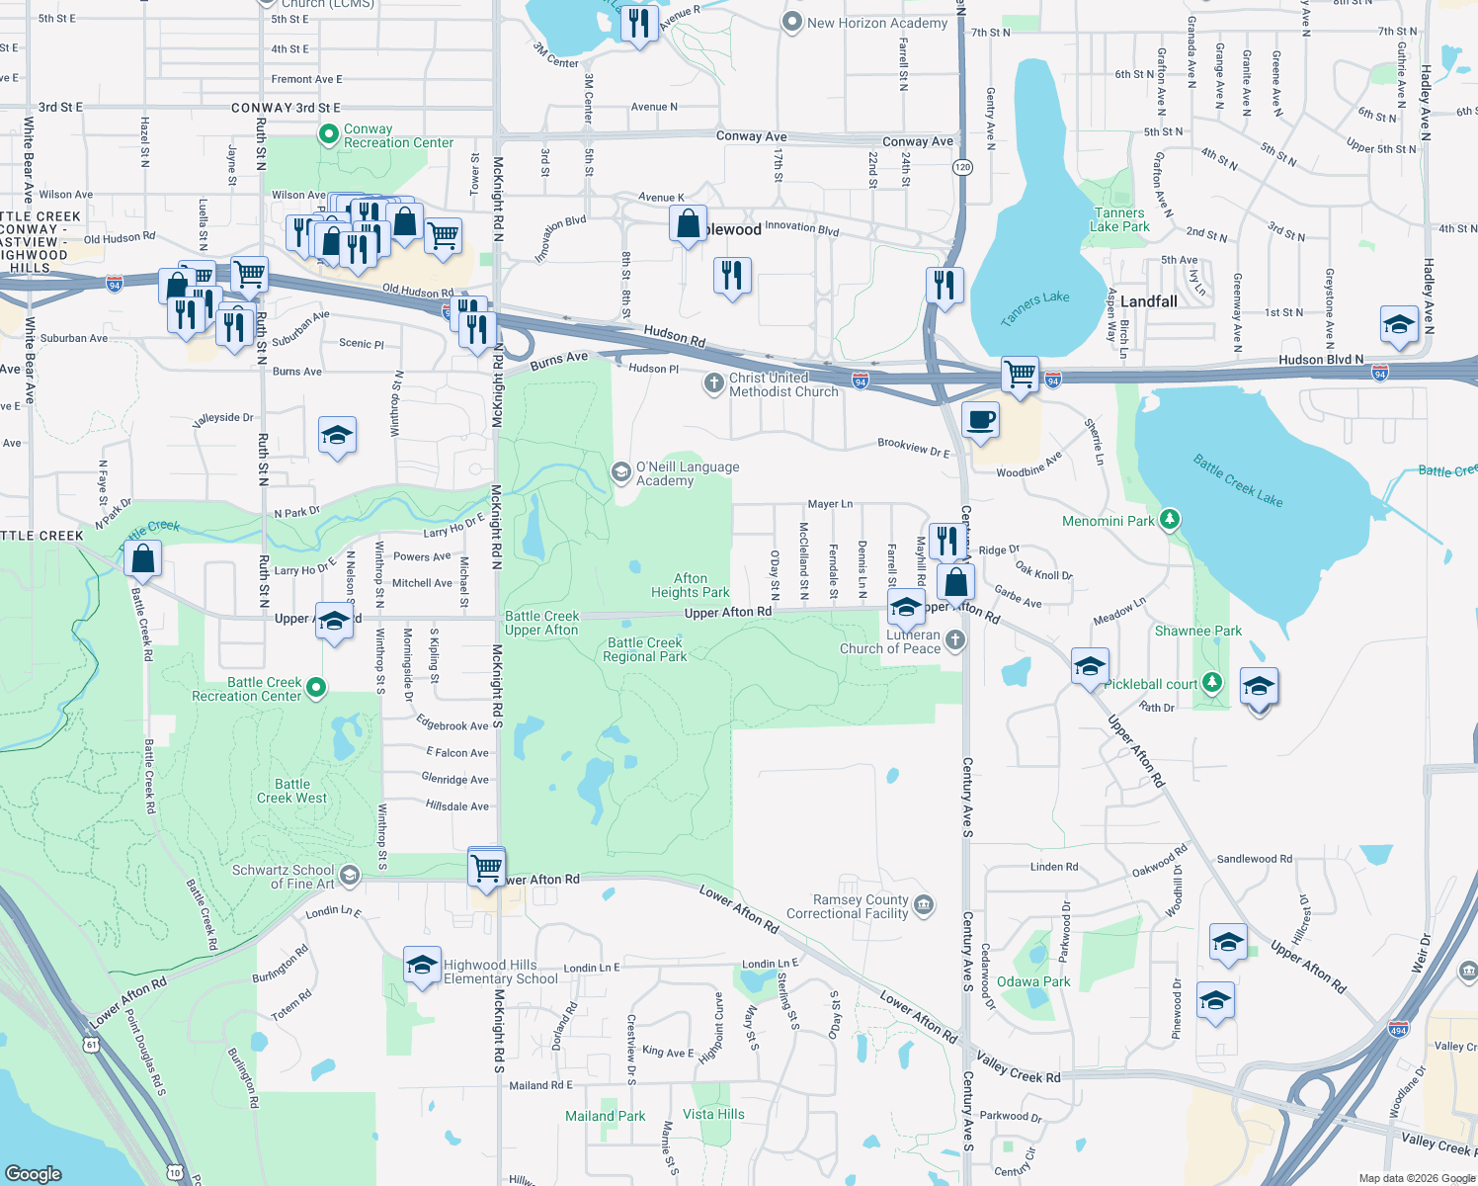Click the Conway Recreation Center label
point(398,136)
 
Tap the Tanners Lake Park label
point(1119,219)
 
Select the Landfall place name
point(1148,301)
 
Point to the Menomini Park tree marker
point(1170,520)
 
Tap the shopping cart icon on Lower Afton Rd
point(486,868)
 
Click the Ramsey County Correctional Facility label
point(847,906)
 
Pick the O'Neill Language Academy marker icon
point(621,472)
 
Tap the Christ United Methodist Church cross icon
point(713,383)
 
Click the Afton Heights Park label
point(690,585)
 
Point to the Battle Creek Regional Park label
point(644,649)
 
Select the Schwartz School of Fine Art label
point(283,877)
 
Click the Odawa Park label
point(1033,981)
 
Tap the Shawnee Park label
point(1198,631)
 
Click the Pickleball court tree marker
point(1212,683)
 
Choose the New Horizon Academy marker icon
point(791,23)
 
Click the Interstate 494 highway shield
point(1398,1029)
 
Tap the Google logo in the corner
point(34,1173)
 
